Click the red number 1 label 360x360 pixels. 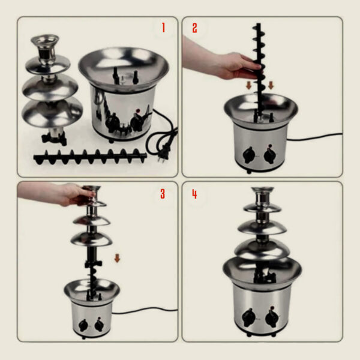click(x=161, y=28)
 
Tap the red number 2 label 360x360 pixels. click(x=194, y=28)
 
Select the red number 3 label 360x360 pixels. click(x=162, y=194)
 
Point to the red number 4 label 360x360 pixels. click(x=194, y=194)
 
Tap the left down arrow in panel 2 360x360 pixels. click(x=249, y=86)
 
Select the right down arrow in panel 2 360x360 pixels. click(x=271, y=86)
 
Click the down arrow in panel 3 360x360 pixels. click(x=118, y=259)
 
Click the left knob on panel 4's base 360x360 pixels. click(x=248, y=316)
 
